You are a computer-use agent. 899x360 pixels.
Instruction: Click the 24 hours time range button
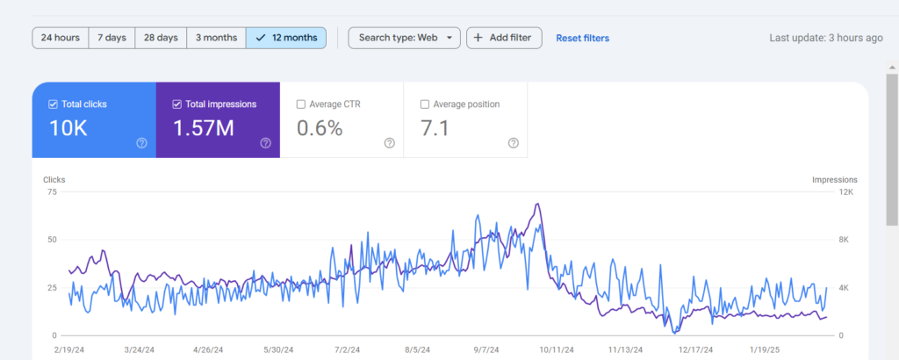[x=61, y=38]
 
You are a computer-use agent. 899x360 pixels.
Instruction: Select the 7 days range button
[x=111, y=38]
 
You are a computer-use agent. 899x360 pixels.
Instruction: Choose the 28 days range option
[x=161, y=38]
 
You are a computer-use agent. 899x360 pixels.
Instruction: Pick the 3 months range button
[x=216, y=38]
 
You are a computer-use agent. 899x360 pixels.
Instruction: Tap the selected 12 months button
[x=286, y=38]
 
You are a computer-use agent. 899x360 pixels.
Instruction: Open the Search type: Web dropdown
[x=404, y=38]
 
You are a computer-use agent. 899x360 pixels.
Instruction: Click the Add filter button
[x=504, y=38]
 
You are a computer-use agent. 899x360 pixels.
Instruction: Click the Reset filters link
[x=583, y=39]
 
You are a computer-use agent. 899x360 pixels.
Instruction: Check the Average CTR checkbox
[x=301, y=104]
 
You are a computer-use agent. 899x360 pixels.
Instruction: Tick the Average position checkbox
[x=425, y=104]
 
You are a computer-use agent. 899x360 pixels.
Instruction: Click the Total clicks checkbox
[x=53, y=104]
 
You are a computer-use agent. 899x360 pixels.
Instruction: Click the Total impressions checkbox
[x=176, y=104]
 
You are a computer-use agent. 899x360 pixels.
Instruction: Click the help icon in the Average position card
[x=514, y=143]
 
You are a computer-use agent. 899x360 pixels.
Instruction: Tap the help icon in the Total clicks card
[x=141, y=143]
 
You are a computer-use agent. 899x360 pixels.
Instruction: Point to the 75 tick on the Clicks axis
[x=52, y=192]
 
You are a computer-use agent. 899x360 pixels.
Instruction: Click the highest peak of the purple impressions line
[x=537, y=204]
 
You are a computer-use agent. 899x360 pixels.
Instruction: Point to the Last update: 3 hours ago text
[x=826, y=38]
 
